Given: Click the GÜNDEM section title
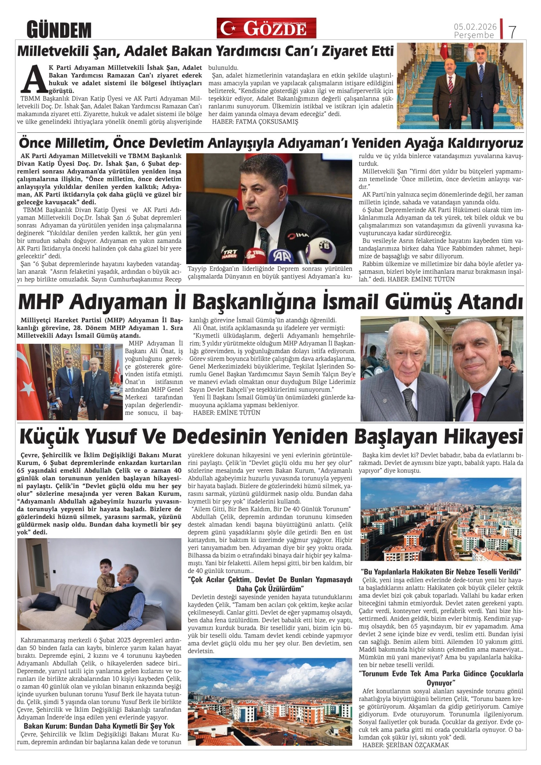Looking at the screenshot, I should pos(59,30).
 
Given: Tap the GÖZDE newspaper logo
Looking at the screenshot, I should pos(266,28).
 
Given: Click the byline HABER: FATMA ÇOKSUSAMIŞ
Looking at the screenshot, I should pos(255,122).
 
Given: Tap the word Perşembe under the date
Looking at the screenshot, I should pos(474,35).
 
